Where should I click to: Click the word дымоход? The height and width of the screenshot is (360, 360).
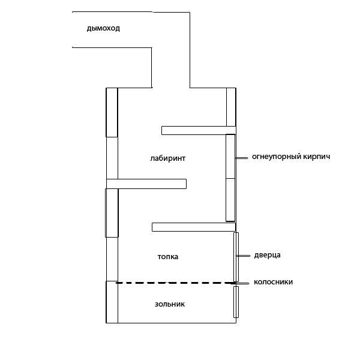click(x=103, y=29)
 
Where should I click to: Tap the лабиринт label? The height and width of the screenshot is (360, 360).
click(x=168, y=158)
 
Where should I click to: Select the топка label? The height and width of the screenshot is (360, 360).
click(x=168, y=257)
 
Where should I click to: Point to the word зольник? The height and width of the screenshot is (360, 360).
click(x=170, y=304)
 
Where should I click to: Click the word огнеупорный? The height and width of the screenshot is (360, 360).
click(x=277, y=157)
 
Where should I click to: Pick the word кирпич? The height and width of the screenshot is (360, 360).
click(x=317, y=157)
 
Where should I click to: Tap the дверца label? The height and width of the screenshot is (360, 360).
click(x=267, y=256)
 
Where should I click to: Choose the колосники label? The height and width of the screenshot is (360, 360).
click(x=273, y=282)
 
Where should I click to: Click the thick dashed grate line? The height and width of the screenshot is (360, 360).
click(x=176, y=283)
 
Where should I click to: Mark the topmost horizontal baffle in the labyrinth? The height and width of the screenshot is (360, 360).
click(x=199, y=130)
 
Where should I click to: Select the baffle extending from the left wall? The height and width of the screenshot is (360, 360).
click(x=146, y=184)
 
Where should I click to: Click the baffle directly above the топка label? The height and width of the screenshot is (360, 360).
click(x=194, y=227)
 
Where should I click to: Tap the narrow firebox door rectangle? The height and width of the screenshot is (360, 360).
click(x=236, y=257)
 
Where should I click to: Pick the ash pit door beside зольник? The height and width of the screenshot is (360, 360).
click(x=236, y=302)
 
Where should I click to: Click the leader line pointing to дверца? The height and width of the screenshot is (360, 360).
click(x=243, y=256)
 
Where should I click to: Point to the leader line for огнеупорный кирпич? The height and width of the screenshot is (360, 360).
click(x=242, y=158)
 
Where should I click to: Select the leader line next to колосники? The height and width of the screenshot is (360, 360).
click(x=242, y=284)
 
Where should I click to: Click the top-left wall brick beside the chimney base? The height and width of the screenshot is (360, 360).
click(x=112, y=113)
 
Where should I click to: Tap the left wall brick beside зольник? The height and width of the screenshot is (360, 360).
click(x=112, y=302)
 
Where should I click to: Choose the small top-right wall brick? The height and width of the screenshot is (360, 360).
click(x=231, y=107)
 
